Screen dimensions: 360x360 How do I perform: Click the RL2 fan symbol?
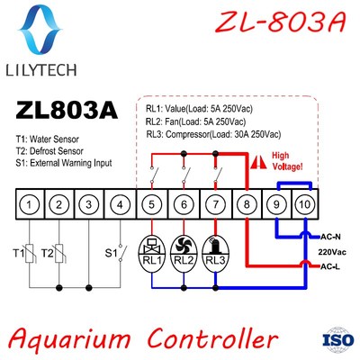click(184, 244)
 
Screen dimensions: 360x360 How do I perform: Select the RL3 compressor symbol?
click(215, 244)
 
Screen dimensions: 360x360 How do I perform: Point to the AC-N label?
click(330, 238)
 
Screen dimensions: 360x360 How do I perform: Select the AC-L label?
click(330, 267)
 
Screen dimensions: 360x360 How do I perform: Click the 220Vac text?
click(332, 252)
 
